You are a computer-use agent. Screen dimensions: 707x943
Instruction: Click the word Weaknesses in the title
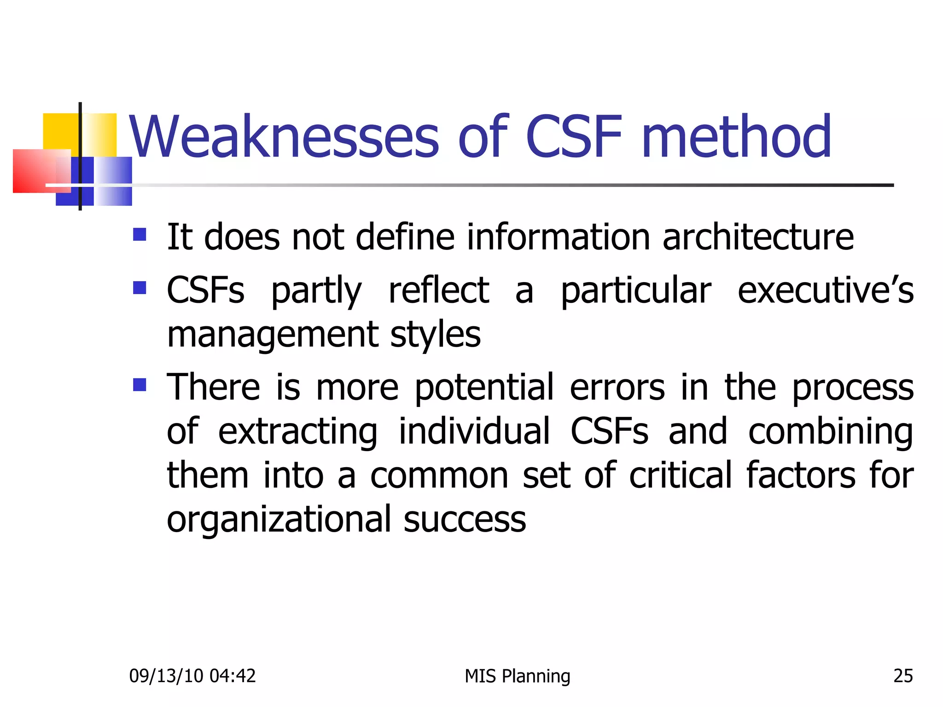(284, 137)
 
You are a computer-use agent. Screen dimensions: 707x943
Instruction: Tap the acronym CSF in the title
(573, 137)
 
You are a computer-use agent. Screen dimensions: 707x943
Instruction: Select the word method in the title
(736, 137)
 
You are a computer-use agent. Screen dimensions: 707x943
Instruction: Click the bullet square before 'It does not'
(140, 235)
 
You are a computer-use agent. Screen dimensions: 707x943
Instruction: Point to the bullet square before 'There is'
(140, 384)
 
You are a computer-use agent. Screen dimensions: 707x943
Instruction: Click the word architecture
(758, 237)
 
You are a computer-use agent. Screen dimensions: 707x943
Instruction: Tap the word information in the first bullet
(558, 237)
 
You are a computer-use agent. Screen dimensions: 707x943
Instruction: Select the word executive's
(825, 291)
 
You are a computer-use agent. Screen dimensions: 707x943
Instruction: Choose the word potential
(484, 388)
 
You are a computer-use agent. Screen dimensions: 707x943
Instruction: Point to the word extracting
(297, 432)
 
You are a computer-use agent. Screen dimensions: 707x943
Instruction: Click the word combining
(830, 432)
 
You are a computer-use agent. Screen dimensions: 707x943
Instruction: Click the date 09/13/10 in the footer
(166, 676)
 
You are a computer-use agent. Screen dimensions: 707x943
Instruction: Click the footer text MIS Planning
(517, 676)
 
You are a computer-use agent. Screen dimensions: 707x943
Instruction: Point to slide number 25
(903, 676)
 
